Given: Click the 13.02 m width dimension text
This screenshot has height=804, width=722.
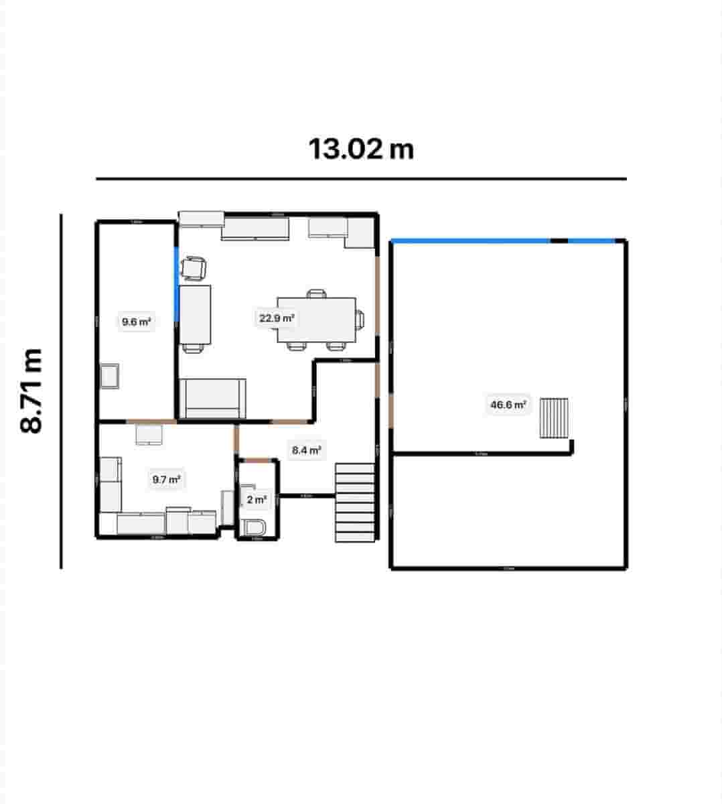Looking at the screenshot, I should point(361,149).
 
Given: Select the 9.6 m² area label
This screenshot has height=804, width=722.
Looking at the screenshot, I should point(136,322).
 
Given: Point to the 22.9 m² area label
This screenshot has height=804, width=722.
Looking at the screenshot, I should point(277,318).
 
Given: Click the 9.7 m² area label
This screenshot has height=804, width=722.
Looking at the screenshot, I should point(166,479).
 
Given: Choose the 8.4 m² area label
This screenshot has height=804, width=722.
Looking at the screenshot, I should point(306,450).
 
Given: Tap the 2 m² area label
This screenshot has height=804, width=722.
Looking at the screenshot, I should point(257,500).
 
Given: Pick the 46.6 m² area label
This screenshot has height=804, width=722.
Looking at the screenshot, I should point(508,405).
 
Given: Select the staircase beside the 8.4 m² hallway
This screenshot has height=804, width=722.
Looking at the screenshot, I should point(355,502).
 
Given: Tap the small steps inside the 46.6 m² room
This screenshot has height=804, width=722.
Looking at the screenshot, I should point(555,417).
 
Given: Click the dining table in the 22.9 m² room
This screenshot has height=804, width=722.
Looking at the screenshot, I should point(316,319).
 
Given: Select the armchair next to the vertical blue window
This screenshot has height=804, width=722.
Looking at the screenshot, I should point(194,268).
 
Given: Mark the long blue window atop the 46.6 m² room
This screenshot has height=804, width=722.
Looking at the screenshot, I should point(471,241).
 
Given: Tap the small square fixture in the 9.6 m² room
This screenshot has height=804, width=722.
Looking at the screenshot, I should point(109,376).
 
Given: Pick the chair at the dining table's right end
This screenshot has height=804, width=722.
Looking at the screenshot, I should point(361,320).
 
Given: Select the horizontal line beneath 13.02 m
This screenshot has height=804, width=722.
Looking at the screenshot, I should point(361,179).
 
